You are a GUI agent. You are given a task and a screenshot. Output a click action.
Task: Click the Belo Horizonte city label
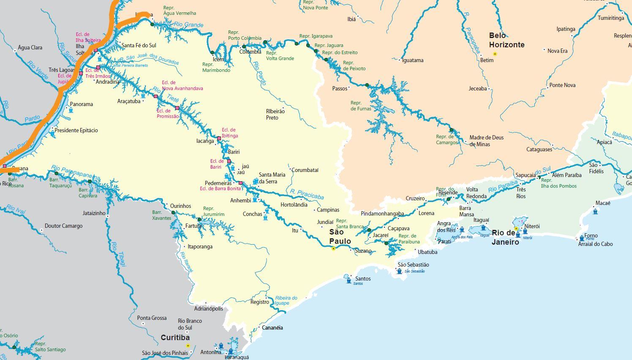point(507,40)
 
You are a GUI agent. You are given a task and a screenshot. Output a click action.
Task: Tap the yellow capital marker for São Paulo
point(333,249)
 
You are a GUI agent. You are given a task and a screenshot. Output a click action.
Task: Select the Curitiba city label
point(175,338)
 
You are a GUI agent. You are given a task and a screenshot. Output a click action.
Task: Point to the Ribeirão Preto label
point(275,114)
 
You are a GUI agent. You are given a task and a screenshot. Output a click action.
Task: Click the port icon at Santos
point(349,279)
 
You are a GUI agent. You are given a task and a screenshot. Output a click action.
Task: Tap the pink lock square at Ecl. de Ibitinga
point(219,139)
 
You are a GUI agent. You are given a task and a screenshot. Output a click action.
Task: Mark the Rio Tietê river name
point(161,94)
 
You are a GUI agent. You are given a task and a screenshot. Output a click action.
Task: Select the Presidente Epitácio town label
point(76,130)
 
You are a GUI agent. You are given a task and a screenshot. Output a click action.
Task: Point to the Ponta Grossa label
point(152,318)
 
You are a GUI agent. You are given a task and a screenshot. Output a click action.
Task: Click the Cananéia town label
point(272,327)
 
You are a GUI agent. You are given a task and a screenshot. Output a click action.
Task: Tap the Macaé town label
point(602,203)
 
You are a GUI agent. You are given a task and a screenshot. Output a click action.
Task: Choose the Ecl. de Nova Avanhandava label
point(182,85)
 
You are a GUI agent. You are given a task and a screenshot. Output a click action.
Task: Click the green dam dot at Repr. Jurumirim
point(199,219)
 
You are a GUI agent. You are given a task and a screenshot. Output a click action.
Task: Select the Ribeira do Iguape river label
point(286,300)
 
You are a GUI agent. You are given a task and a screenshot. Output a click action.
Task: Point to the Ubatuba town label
point(428,252)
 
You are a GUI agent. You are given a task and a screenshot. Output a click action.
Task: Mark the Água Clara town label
point(30,47)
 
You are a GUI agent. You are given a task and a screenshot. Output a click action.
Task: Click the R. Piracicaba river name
point(307,194)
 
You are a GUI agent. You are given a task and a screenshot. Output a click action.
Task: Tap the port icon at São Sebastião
point(400,271)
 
